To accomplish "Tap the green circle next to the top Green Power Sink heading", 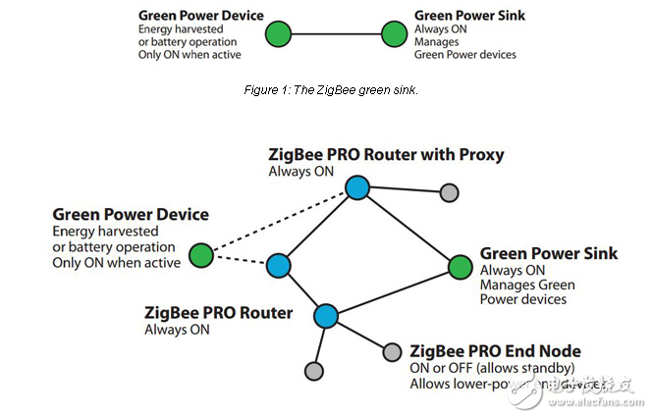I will click(x=393, y=34).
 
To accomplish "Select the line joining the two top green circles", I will click(x=336, y=34).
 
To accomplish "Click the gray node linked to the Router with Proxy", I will click(x=448, y=192).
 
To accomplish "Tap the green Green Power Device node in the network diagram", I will click(x=201, y=256).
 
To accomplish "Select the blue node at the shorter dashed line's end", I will click(x=279, y=265).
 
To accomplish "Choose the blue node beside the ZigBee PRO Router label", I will click(x=326, y=316).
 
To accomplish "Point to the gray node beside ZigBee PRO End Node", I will click(x=392, y=351).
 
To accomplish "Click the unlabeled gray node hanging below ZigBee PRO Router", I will click(x=313, y=371).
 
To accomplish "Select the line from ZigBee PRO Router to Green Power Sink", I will click(x=393, y=291).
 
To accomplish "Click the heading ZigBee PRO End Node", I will click(x=495, y=350).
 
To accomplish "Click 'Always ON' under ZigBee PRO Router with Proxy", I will click(x=301, y=172).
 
